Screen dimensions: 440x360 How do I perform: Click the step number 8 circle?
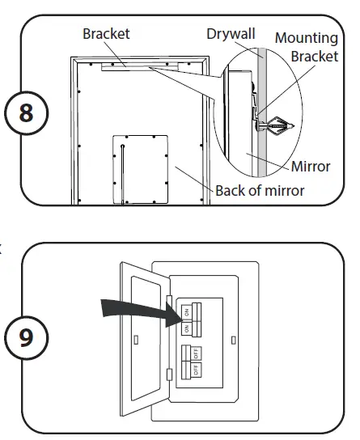[x=27, y=112]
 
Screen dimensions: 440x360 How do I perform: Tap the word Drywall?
[x=231, y=34]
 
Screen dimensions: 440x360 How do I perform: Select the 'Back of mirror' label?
[x=260, y=191]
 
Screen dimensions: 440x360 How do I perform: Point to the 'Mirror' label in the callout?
[x=311, y=167]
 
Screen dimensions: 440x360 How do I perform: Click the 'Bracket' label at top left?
[x=106, y=34]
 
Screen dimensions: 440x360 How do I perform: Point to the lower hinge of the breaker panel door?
[x=168, y=374]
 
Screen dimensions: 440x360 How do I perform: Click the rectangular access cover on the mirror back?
[x=138, y=168]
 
